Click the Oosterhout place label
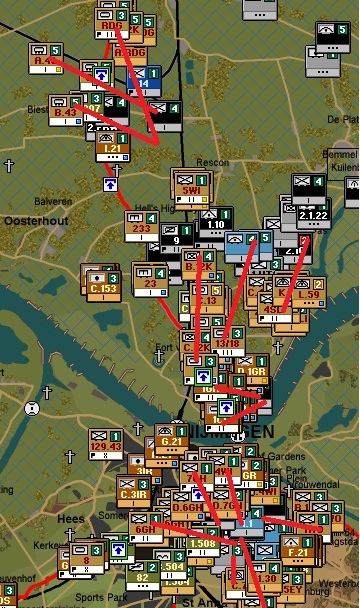tap(35, 218)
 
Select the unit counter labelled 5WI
tap(189, 186)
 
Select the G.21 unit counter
tap(172, 438)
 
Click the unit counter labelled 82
tap(142, 574)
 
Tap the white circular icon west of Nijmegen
tap(33, 408)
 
